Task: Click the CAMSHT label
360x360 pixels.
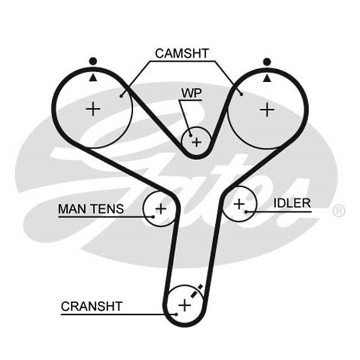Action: pos(181,54)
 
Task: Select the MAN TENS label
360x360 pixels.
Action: pos(91,209)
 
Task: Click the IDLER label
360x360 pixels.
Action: pos(292,203)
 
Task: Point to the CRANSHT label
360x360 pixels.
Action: pos(92,307)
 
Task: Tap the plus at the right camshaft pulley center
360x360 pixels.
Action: pos(266,109)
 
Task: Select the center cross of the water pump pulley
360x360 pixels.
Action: pos(196,142)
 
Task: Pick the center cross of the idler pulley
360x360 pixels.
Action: pos(240,203)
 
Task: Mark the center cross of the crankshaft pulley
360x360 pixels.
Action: pos(184,305)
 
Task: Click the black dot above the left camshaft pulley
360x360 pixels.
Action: pos(93,61)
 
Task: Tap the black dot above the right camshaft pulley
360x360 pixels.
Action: pos(266,61)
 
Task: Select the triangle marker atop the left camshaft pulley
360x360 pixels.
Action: pos(93,77)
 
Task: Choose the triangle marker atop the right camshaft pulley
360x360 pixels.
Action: pos(266,77)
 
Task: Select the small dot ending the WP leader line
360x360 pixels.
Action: pos(191,134)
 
